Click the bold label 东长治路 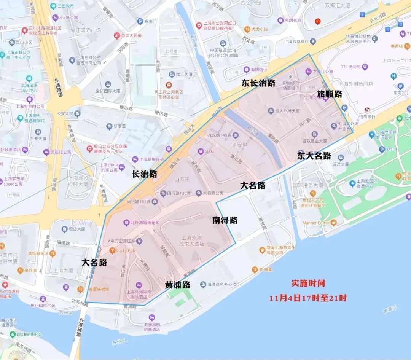[x=258, y=84]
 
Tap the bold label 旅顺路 [x=330, y=94]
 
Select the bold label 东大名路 [x=314, y=156]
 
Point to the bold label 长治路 [x=144, y=174]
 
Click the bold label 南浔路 [x=225, y=220]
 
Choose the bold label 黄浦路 [x=177, y=285]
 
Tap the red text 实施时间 [x=308, y=284]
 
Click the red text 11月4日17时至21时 [x=308, y=298]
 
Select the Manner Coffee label [x=315, y=223]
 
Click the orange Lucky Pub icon [x=112, y=250]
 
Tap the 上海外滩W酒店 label [x=356, y=84]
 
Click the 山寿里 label [x=182, y=178]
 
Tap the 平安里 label [x=239, y=145]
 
